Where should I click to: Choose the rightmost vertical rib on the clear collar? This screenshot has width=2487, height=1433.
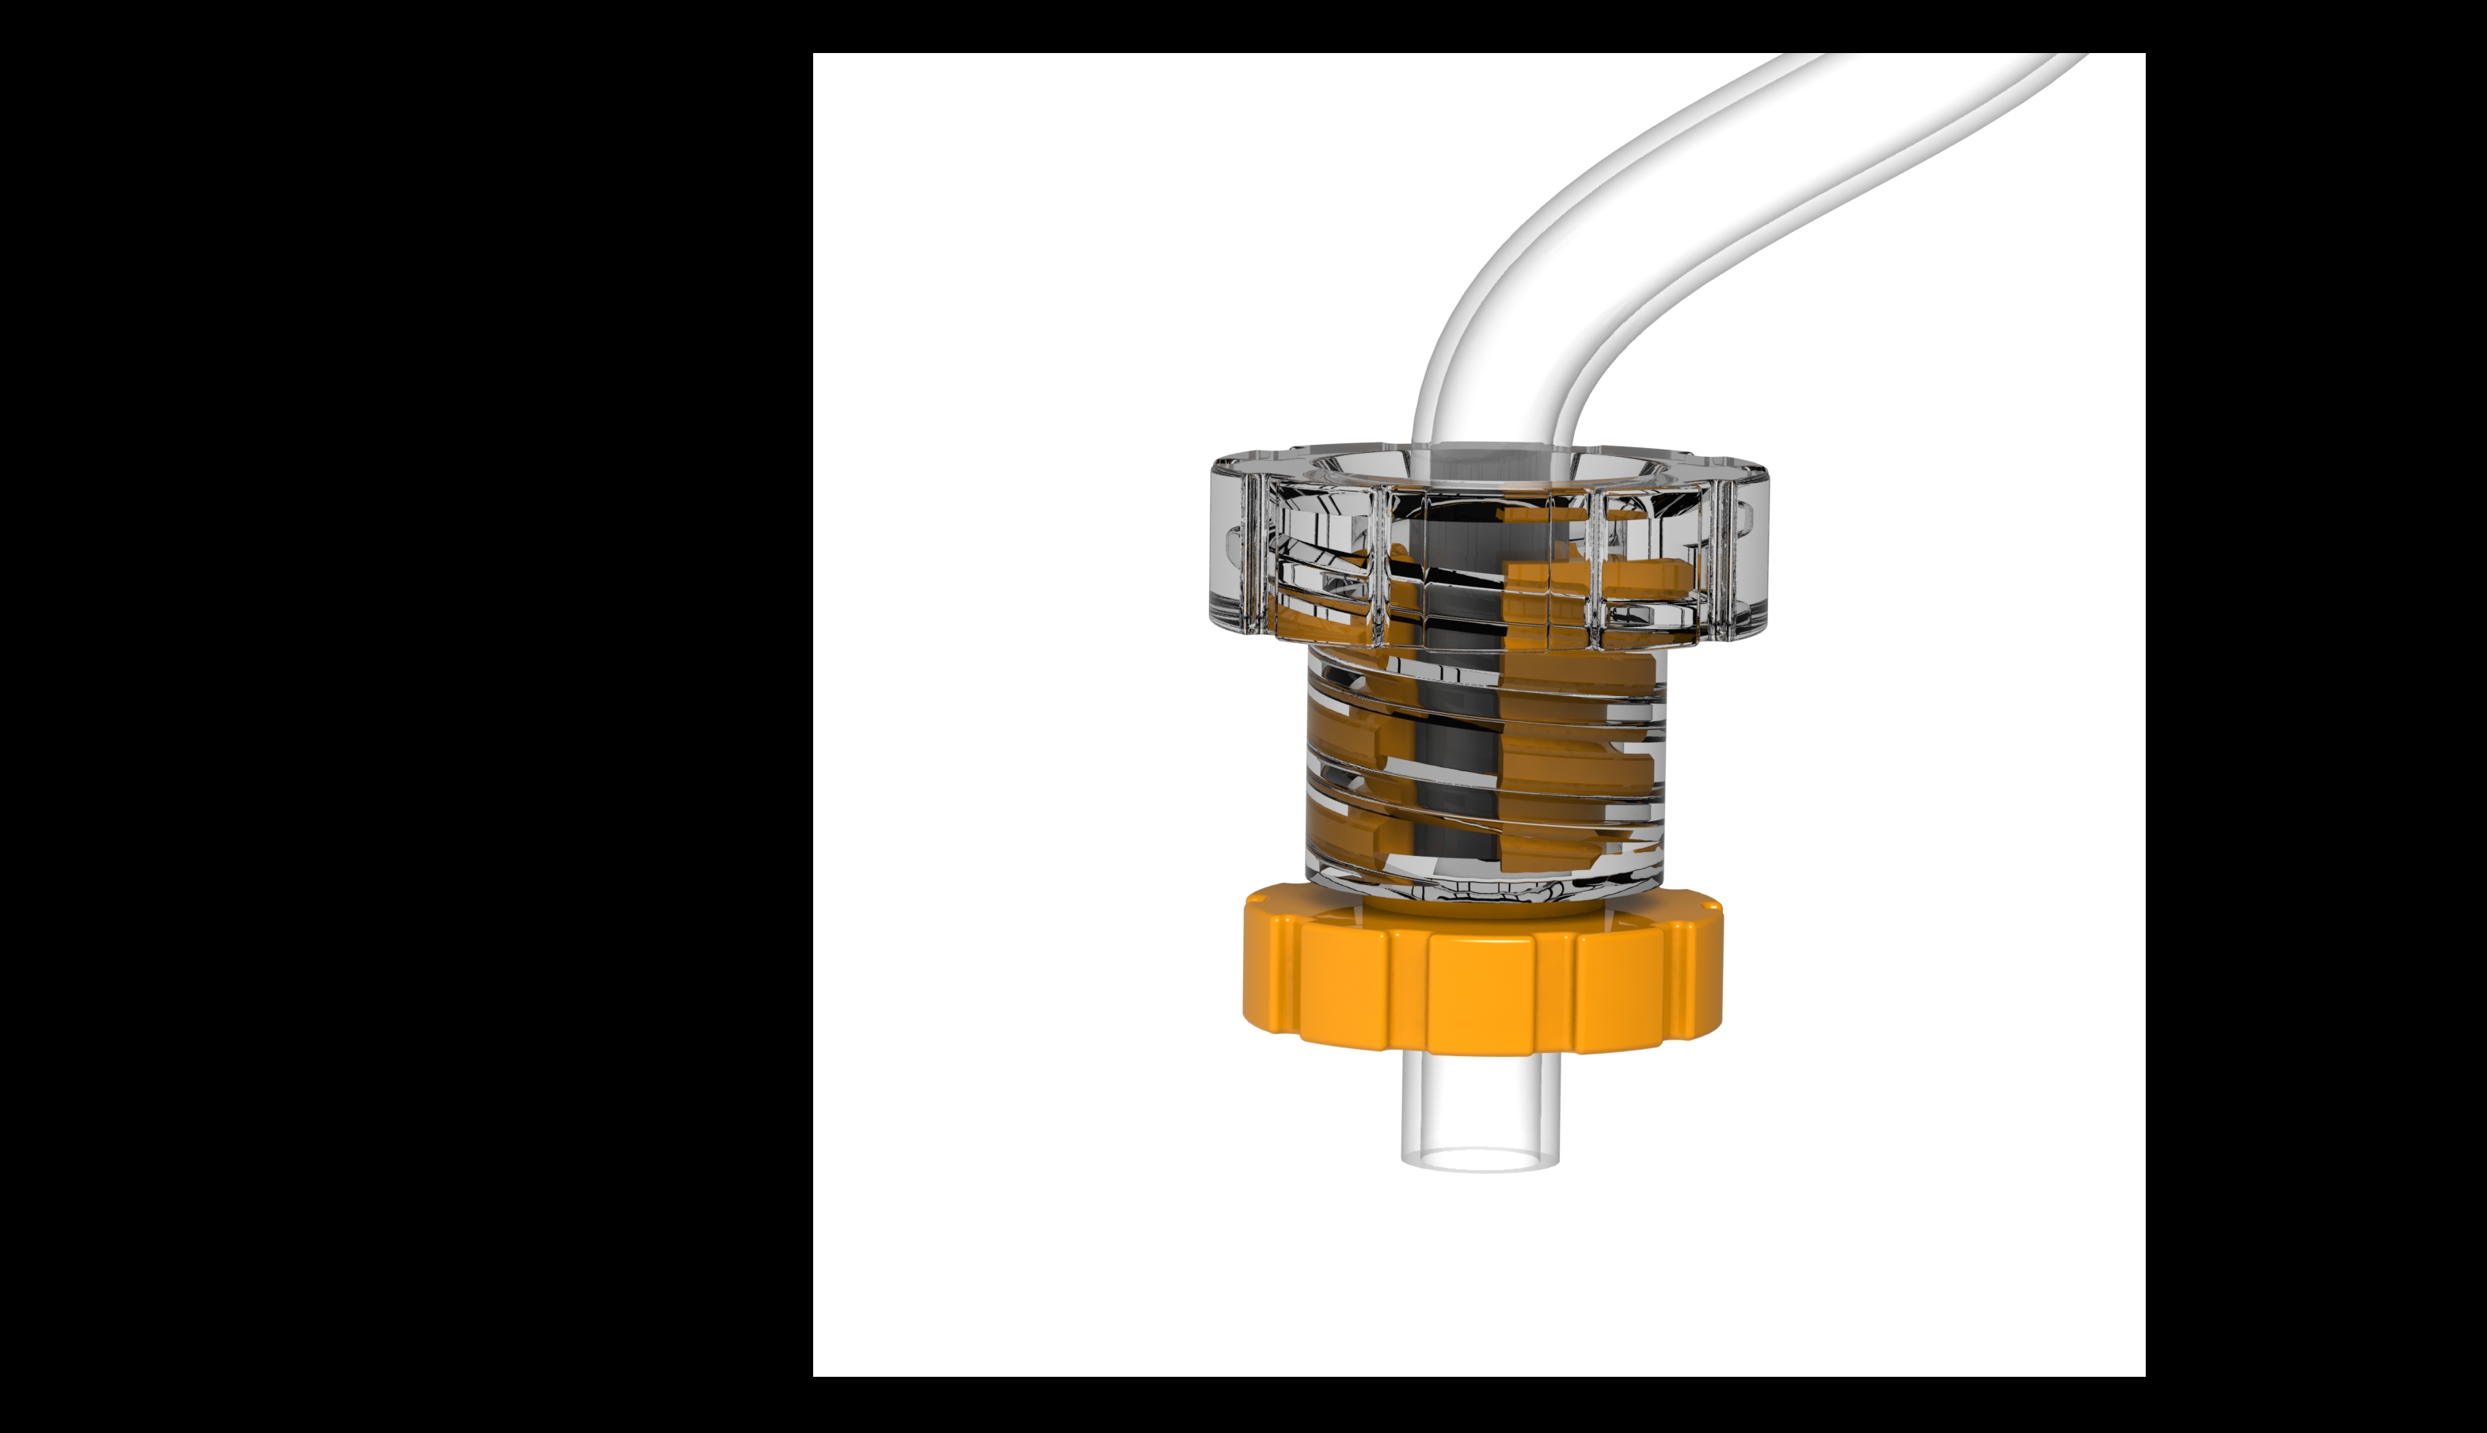pyautogui.click(x=1721, y=556)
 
